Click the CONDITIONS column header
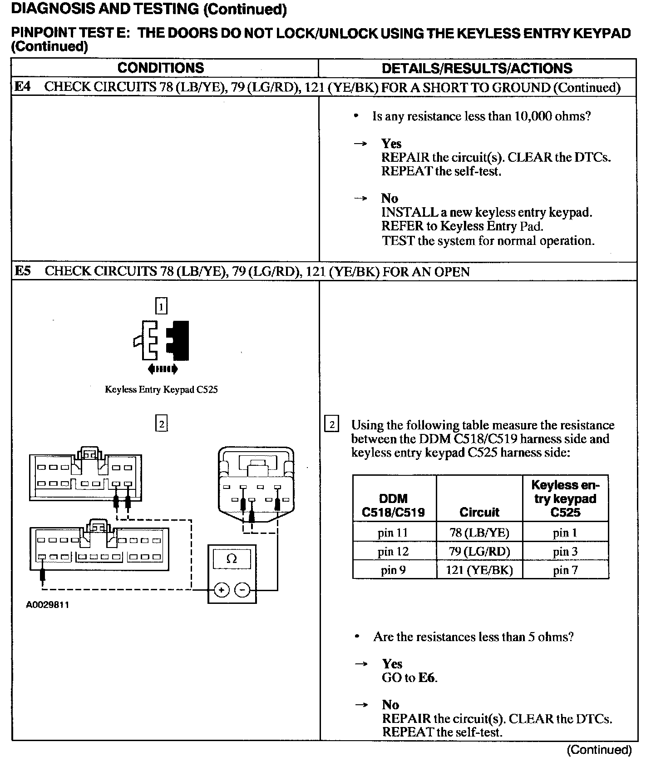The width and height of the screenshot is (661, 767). tap(161, 68)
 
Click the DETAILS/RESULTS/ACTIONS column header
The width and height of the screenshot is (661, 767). tap(477, 69)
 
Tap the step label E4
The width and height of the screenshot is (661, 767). tap(23, 87)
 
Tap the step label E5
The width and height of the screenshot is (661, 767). tap(23, 271)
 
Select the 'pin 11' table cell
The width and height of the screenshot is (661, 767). tap(393, 533)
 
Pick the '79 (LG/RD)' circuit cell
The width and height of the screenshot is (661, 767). tap(479, 552)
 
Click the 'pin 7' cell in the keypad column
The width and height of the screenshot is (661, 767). tap(565, 570)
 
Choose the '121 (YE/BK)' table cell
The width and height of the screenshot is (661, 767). tap(479, 570)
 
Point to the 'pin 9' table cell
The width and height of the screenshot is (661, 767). tap(393, 570)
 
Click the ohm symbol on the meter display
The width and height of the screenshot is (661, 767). tap(232, 558)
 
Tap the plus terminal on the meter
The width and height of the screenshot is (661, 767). tap(222, 590)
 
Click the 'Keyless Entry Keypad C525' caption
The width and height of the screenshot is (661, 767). tap(161, 389)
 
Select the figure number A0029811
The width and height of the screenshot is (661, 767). tap(48, 605)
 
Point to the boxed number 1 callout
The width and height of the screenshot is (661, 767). tap(162, 306)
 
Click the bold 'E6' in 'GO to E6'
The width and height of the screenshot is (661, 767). tap(427, 678)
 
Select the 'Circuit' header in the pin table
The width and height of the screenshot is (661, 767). tap(479, 513)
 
